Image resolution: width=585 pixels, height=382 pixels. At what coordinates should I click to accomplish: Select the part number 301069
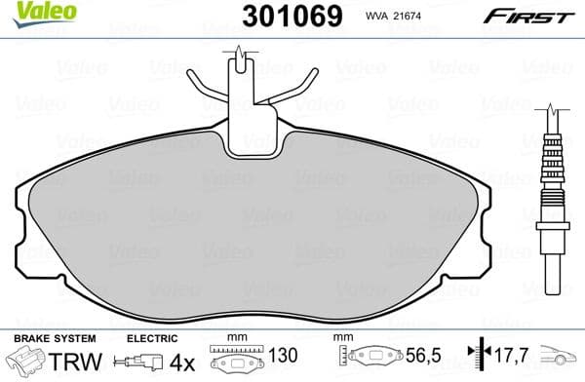click(284, 16)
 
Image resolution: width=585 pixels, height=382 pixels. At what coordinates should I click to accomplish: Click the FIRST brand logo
click(535, 17)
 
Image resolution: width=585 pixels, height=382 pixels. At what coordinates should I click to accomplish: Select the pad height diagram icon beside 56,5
click(371, 360)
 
